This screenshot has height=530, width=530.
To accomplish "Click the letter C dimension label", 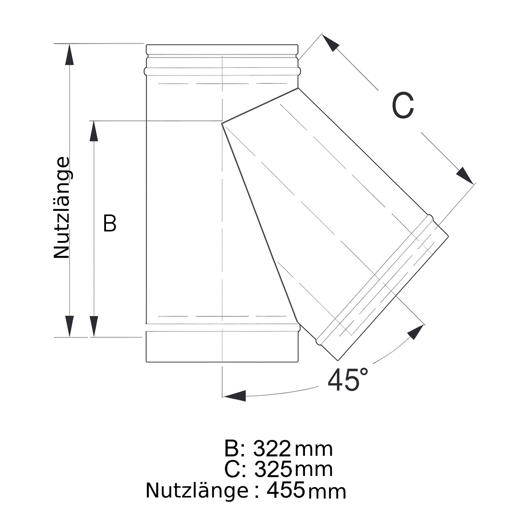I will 403,105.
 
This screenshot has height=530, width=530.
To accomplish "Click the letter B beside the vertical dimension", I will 110,223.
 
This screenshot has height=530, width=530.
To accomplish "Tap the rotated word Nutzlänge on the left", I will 62,208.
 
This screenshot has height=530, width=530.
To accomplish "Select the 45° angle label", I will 348,380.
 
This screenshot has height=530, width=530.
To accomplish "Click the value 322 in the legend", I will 272,449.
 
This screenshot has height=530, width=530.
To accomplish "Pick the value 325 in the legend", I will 273,469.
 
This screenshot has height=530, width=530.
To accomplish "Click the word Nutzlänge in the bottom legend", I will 197,490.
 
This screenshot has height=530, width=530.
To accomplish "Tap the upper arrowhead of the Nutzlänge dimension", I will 70,55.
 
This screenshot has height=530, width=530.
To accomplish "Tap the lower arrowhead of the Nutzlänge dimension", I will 70,325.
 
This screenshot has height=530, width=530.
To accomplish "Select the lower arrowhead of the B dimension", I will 94,326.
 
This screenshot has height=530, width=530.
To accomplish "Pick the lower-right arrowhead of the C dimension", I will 464,175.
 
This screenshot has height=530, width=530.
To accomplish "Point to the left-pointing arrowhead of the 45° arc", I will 235,396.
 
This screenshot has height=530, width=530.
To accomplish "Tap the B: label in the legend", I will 234,449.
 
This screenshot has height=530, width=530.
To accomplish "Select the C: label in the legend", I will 235,469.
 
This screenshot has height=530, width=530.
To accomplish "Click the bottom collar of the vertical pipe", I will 223,346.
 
